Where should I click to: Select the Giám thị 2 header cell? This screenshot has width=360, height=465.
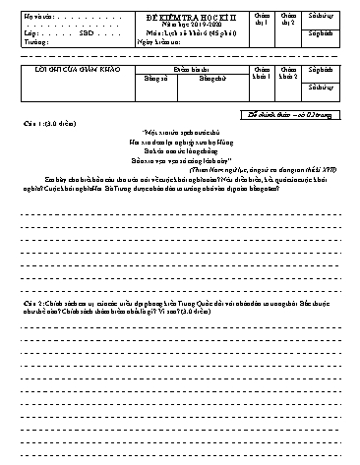pyautogui.click(x=288, y=19)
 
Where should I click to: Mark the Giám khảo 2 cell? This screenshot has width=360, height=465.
pyautogui.click(x=288, y=75)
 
